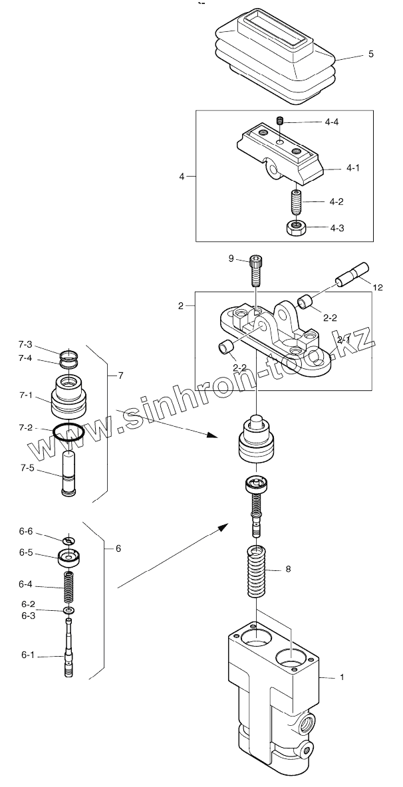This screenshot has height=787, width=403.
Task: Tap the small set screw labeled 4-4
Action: coord(280,121)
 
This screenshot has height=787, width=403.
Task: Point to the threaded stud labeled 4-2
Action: coord(295,199)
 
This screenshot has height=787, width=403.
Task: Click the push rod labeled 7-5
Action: coord(68,473)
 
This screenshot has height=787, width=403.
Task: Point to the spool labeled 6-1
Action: coord(69,649)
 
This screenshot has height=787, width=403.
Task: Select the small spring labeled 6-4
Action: coord(68,585)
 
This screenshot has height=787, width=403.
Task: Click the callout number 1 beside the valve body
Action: coord(342,677)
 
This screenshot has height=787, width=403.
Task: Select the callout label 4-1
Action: coord(353,168)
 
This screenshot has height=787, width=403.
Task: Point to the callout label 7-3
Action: coord(25,345)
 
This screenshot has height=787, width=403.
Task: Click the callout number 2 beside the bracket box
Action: coord(181,306)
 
